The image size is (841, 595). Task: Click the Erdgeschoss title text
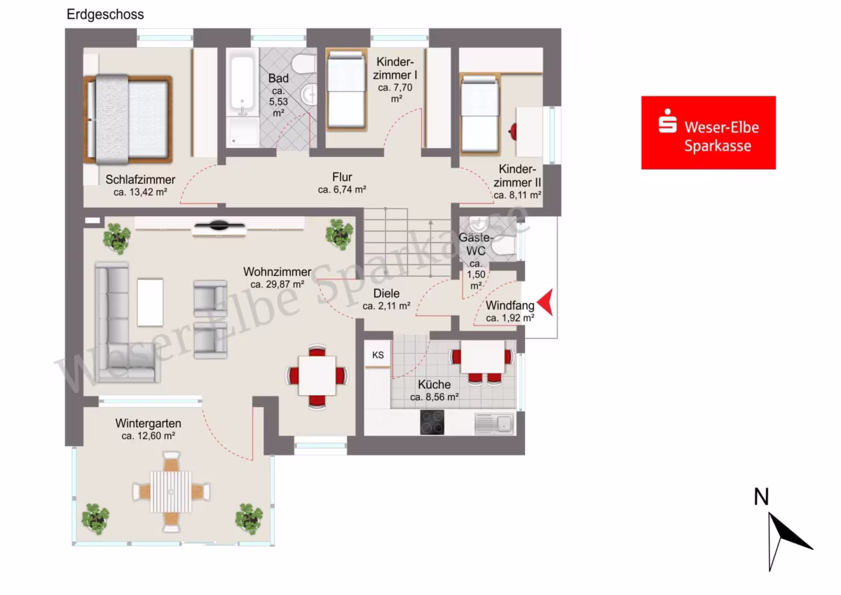(105, 15)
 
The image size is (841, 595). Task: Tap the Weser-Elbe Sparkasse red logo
(709, 133)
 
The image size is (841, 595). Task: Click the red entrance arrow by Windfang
(545, 302)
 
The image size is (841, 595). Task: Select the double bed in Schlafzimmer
(128, 119)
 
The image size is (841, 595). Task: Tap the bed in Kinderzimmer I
(346, 90)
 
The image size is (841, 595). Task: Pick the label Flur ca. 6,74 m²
(342, 183)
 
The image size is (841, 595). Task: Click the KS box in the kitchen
(378, 354)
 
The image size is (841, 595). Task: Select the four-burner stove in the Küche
(432, 422)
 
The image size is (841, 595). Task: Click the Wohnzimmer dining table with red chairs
(317, 376)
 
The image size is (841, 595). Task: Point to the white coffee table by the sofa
(150, 302)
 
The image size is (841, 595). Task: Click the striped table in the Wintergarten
(171, 492)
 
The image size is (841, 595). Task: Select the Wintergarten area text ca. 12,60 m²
(148, 436)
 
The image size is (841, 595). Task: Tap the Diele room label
(386, 293)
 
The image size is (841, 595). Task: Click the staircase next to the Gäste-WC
(407, 243)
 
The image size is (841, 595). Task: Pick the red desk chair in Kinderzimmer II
(512, 131)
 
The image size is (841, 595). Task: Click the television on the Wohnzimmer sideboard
(219, 225)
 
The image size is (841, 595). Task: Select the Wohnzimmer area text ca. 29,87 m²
(277, 285)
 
